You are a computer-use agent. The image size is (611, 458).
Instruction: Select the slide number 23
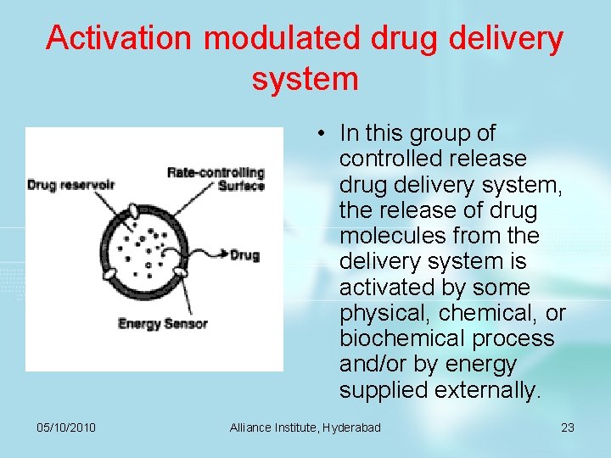coord(568,427)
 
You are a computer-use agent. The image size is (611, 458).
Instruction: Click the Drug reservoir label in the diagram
coord(70,184)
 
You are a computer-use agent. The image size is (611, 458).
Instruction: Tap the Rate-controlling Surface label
coord(216,179)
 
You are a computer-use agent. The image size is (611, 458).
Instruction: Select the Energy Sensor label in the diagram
coord(162,323)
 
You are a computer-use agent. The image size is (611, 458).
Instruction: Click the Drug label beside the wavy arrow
coord(244,254)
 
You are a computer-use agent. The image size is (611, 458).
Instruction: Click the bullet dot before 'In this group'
coord(323,134)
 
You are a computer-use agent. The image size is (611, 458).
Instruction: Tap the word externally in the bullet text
coord(486,390)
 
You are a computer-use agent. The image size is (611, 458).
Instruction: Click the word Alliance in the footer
coord(251,427)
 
